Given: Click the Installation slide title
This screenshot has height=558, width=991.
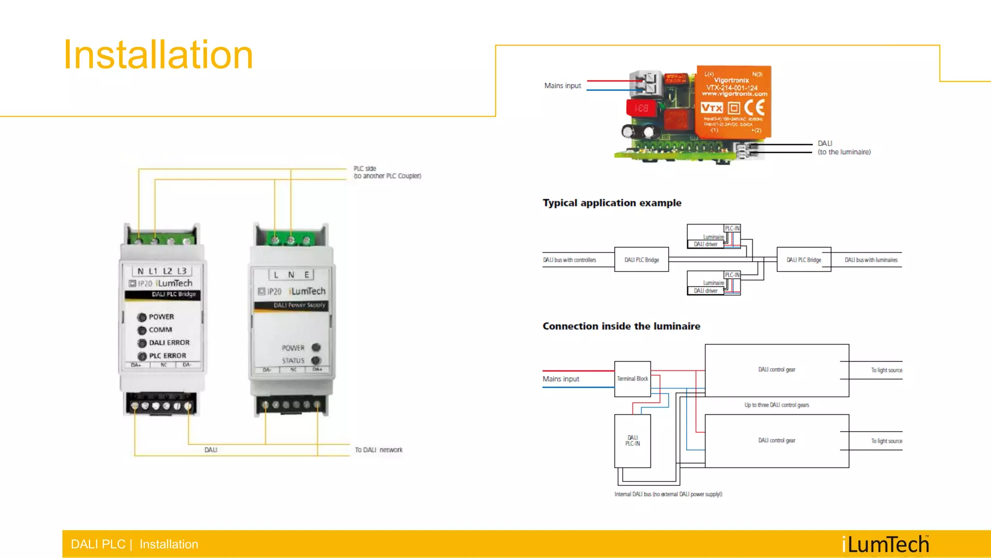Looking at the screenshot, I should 158,55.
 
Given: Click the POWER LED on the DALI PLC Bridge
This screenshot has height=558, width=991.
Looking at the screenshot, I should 142,317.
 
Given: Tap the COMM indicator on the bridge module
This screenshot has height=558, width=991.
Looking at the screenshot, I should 142,330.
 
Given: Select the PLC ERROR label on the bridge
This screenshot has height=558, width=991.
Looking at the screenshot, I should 167,356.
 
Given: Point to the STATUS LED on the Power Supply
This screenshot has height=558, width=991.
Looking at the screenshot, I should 316,361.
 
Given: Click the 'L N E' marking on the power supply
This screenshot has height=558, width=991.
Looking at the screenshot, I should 291,275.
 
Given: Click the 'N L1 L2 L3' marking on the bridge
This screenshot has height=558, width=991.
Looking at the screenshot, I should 162,271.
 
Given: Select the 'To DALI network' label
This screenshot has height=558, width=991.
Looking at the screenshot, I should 378,450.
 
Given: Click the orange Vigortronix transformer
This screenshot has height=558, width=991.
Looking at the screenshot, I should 733,102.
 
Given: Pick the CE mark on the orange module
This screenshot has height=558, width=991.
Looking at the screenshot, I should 754,107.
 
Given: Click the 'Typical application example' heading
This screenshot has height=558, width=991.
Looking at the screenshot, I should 612,203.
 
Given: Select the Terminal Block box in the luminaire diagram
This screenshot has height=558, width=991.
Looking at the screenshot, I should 632,379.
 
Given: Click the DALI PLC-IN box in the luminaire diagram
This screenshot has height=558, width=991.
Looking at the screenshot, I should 632,440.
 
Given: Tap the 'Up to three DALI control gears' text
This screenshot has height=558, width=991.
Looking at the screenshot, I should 776,405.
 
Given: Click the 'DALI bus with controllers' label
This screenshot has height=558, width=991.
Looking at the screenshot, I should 569,260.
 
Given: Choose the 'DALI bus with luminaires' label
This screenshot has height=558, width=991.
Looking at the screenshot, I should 871,260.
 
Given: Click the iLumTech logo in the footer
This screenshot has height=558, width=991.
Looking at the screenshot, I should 885,544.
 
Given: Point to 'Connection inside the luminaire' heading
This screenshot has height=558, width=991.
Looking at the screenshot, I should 621,326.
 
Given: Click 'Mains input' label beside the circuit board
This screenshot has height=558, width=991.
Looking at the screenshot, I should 562,86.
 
